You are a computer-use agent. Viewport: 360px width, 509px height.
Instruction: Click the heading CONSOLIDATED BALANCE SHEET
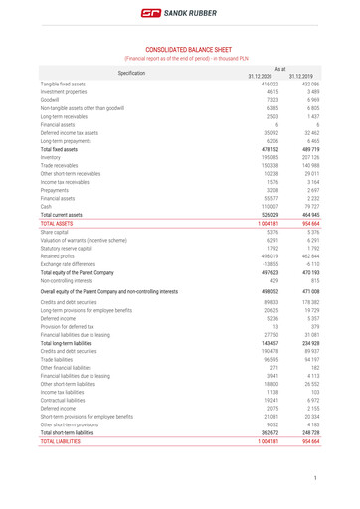click(x=180, y=48)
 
